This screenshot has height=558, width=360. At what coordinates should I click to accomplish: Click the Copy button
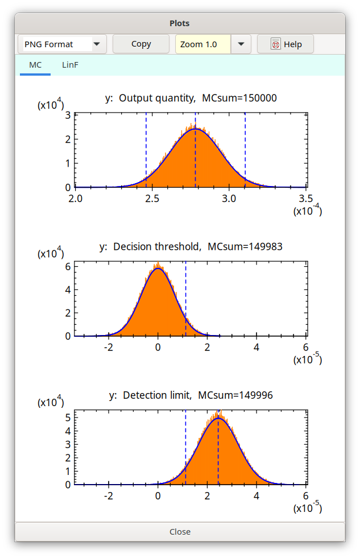click(x=141, y=44)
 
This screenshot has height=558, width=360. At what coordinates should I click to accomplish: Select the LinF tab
click(x=70, y=65)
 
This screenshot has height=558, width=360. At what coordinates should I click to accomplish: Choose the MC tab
click(x=35, y=65)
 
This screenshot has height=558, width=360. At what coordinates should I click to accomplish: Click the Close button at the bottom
click(x=180, y=531)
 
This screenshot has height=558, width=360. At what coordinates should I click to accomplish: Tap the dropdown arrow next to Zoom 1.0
click(x=241, y=44)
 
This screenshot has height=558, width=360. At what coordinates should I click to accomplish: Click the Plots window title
click(x=180, y=23)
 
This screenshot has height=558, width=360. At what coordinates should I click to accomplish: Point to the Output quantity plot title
click(x=191, y=98)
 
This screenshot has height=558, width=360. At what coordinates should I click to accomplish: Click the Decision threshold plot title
click(x=191, y=246)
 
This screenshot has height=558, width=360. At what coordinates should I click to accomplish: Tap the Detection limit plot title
click(x=191, y=394)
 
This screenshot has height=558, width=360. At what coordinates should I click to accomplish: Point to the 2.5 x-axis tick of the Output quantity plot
click(x=152, y=198)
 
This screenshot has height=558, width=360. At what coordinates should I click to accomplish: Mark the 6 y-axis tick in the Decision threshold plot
click(x=68, y=266)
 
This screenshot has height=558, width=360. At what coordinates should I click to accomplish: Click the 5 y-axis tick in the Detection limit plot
click(x=68, y=417)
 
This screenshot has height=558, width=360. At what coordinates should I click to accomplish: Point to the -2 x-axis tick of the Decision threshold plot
click(x=109, y=347)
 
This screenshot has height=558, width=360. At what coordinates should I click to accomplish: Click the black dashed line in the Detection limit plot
click(x=218, y=455)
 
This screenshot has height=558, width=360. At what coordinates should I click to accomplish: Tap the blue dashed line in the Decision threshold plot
click(x=186, y=296)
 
